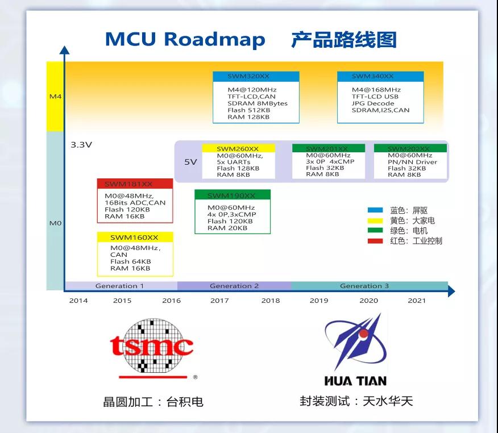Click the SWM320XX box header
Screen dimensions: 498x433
[x=256, y=76]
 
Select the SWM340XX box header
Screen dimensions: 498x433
[x=380, y=76]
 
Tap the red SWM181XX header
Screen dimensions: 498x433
[x=135, y=184]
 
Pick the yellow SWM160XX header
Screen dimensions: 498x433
[x=135, y=237]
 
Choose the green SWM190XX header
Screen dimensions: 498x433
[x=233, y=195]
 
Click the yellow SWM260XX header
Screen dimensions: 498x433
[x=238, y=148]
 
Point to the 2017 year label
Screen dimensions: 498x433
[x=219, y=301]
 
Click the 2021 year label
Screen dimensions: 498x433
[x=417, y=301]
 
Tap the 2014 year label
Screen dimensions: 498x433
[x=78, y=301]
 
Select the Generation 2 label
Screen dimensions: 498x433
[x=234, y=286]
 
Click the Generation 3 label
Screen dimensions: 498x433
[x=364, y=286]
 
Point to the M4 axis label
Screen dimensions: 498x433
[x=56, y=96]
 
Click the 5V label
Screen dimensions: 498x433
[x=190, y=162]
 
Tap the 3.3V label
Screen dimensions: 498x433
[x=81, y=145]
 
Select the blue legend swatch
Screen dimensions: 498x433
[x=375, y=210]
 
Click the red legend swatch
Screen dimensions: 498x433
[x=375, y=240]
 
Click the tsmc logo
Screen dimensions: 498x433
[x=152, y=348]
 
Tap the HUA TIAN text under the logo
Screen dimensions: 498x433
[x=355, y=381]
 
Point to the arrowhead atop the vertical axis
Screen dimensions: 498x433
[x=64, y=50]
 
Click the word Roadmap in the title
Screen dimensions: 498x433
[x=214, y=39]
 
